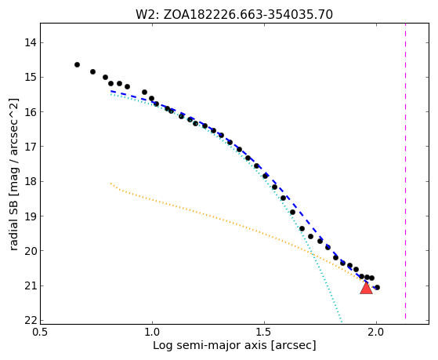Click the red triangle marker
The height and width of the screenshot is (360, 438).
(x=366, y=288)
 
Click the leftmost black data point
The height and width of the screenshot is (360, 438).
(x=77, y=65)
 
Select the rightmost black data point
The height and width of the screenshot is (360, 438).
(x=377, y=287)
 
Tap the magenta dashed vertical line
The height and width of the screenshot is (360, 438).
(x=405, y=171)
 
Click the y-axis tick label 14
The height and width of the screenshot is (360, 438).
(x=30, y=43)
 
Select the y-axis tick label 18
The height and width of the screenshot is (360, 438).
(x=30, y=181)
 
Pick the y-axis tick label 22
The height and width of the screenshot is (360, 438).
(x=30, y=320)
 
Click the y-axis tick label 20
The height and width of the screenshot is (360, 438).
(x=30, y=251)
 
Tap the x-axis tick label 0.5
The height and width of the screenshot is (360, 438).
(x=41, y=333)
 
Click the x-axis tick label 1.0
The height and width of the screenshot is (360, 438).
(x=152, y=333)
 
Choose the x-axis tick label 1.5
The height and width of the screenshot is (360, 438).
(x=264, y=333)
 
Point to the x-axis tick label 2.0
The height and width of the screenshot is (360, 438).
(x=376, y=333)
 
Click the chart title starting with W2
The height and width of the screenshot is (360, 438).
(x=234, y=15)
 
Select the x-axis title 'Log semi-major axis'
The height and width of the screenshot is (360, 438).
(x=209, y=346)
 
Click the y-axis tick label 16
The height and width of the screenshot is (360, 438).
(x=30, y=112)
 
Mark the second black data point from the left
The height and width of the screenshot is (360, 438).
(x=92, y=72)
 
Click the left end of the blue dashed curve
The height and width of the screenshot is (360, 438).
(x=111, y=91)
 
